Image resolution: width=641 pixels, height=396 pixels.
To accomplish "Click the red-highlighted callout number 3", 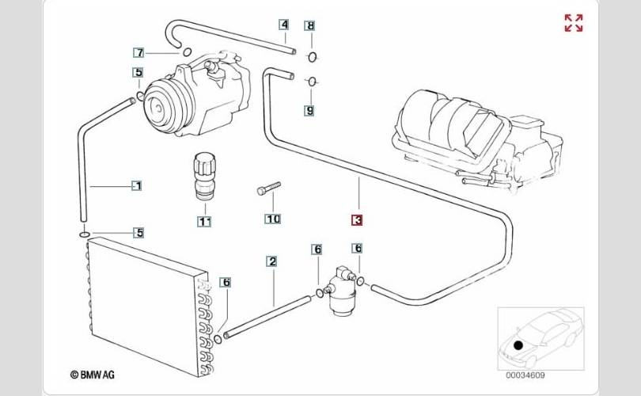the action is [357, 220].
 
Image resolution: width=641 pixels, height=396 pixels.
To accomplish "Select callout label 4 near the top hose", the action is [284, 25].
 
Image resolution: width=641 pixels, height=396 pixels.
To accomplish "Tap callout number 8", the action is [311, 26].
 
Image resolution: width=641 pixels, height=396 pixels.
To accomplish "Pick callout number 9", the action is [309, 110].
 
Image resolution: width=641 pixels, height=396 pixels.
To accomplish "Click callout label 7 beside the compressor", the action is [139, 53].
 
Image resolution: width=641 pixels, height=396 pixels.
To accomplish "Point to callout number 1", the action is [137, 186].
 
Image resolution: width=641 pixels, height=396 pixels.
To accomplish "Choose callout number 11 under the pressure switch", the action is [204, 222].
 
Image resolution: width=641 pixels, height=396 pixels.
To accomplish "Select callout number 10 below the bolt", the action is [273, 219].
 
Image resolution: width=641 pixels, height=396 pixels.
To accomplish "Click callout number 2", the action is [272, 261].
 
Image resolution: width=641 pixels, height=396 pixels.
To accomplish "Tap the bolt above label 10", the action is [269, 188].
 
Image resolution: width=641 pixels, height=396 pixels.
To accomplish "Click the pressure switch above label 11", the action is [203, 176].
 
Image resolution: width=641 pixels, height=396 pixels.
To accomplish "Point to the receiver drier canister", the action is [340, 291].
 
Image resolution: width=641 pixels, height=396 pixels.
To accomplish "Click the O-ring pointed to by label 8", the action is [312, 57].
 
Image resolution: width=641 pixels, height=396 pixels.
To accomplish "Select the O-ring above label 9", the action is [312, 82].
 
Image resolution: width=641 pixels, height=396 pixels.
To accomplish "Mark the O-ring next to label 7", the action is [187, 52].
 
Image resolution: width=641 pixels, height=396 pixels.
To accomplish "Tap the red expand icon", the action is [574, 23].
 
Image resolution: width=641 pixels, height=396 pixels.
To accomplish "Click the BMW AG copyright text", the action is [93, 375].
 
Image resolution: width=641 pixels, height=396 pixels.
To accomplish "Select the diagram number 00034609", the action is [525, 375].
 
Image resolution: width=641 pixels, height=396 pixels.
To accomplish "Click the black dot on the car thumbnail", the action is [518, 345].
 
